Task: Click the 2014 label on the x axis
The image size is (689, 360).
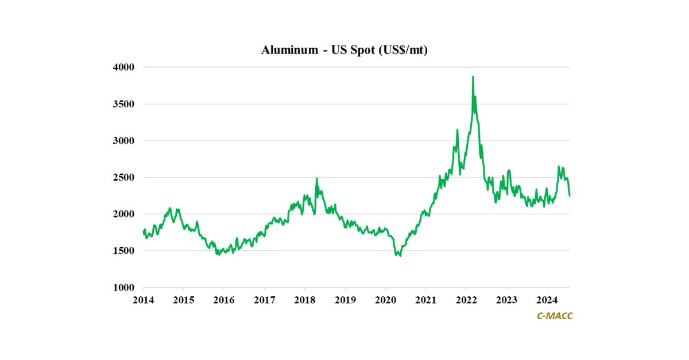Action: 143,300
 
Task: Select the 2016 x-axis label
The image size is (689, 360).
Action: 223,300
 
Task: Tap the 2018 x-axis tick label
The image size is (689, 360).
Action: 304,300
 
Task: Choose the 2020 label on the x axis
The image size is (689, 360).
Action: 385,300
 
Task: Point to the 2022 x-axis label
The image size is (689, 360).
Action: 466,300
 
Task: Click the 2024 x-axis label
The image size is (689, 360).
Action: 547,300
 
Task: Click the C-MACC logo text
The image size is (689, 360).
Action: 554,316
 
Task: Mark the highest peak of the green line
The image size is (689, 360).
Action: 473,76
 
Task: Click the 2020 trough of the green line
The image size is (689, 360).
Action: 399,256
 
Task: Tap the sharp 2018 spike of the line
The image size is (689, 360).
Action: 316,179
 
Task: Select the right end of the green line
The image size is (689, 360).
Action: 570,196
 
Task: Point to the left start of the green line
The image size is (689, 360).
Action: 144,231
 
